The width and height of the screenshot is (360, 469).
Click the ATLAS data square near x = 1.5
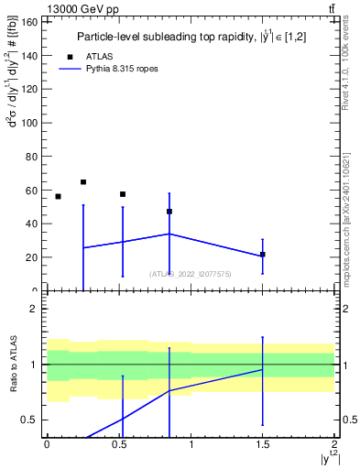(263, 255)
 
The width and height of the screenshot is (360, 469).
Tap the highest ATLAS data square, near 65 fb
(83, 182)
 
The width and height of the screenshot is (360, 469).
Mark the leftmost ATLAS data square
(58, 197)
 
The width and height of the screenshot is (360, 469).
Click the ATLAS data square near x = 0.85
(169, 212)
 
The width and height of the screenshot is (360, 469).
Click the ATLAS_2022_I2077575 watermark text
(191, 273)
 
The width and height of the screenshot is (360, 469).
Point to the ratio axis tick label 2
(34, 309)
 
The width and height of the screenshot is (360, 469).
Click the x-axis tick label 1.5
(263, 444)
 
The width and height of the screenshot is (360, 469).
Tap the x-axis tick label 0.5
(119, 444)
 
